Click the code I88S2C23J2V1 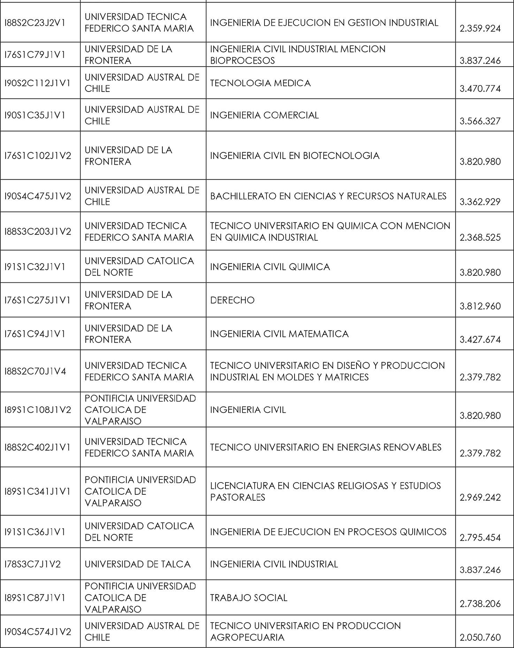point(35,23)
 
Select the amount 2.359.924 point(480,29)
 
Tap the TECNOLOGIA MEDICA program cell point(260,83)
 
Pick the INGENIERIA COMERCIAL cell point(264,115)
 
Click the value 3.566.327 point(480,121)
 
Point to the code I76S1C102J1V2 point(38,156)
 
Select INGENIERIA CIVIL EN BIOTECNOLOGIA point(294,156)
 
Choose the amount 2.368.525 point(480,238)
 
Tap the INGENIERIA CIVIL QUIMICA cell point(270,267)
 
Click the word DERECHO point(232,300)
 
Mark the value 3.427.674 point(480,340)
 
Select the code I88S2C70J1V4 point(35,371)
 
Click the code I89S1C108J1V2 point(38,410)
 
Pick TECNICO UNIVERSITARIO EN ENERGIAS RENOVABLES point(325,447)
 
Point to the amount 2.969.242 point(480,497)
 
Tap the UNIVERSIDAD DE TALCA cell point(137,564)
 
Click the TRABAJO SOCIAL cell point(248,598)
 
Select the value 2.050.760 point(480,638)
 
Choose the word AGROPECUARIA point(247,638)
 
